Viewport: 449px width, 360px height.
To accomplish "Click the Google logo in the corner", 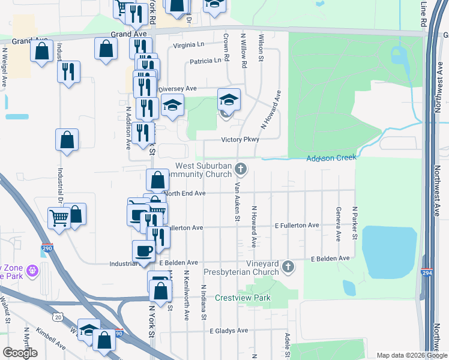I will (x=20, y=352).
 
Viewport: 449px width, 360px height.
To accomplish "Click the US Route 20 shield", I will (x=57, y=316).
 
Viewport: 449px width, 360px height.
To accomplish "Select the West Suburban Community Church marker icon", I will (x=241, y=169).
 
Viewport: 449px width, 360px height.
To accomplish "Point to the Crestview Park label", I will (x=243, y=298).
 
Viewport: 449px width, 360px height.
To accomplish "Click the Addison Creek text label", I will (x=331, y=158).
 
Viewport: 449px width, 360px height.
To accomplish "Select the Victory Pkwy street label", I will (x=240, y=139).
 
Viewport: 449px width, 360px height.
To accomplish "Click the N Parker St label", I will (x=355, y=224).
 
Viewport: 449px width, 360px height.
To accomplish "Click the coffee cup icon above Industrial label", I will (x=143, y=251).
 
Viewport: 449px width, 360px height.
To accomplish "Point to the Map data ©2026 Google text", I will (x=411, y=355).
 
